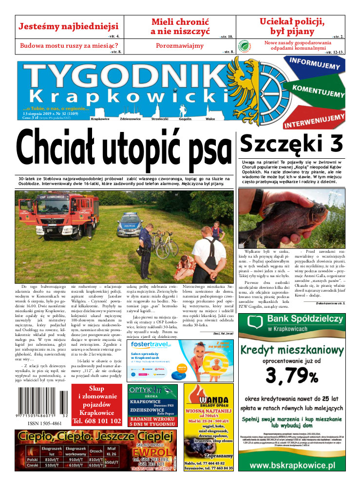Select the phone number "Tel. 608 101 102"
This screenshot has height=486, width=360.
(x=96, y=421)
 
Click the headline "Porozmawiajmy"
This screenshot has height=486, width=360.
(x=180, y=46)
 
